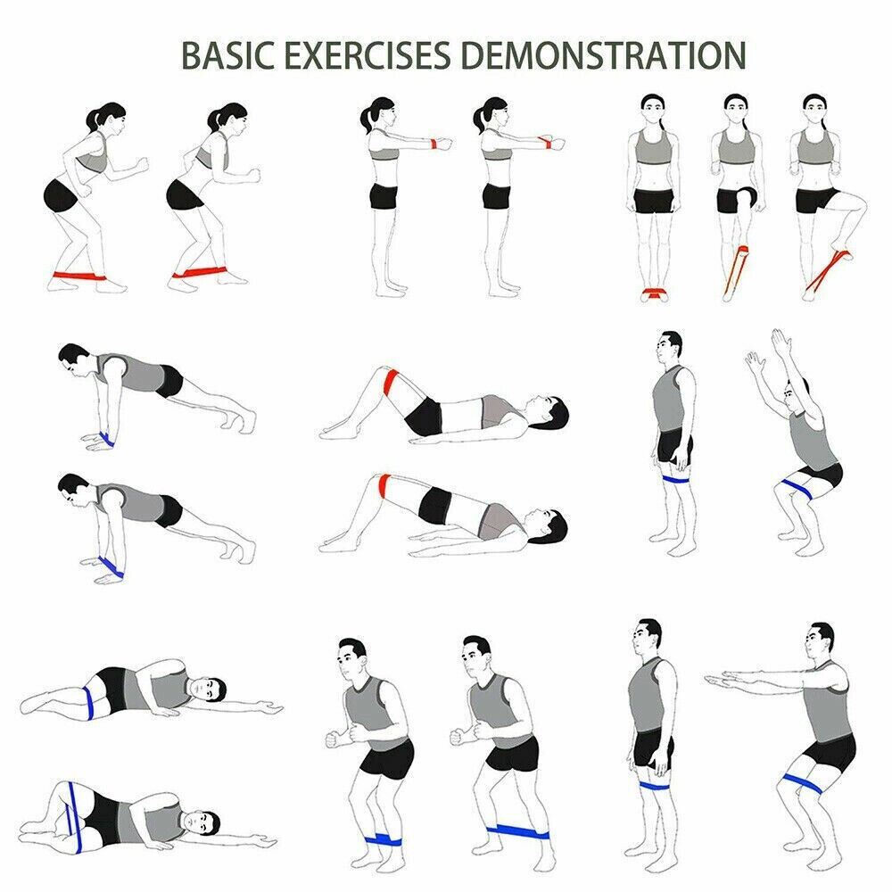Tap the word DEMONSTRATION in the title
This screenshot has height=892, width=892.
(x=603, y=55)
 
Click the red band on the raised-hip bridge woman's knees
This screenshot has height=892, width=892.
(x=384, y=484)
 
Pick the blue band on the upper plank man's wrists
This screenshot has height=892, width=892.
(x=106, y=439)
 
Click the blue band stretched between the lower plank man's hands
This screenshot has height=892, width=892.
(x=111, y=566)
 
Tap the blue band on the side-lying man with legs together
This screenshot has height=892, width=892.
(x=87, y=702)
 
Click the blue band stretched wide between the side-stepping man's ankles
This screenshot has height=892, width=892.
(x=517, y=831)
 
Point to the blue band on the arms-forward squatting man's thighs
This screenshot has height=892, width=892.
(x=802, y=783)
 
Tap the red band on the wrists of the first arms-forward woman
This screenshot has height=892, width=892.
(x=434, y=144)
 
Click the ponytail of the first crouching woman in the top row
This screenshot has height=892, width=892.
(x=95, y=118)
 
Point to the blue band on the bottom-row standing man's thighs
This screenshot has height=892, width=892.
(x=654, y=786)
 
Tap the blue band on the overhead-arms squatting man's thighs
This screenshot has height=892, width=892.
(x=796, y=487)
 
